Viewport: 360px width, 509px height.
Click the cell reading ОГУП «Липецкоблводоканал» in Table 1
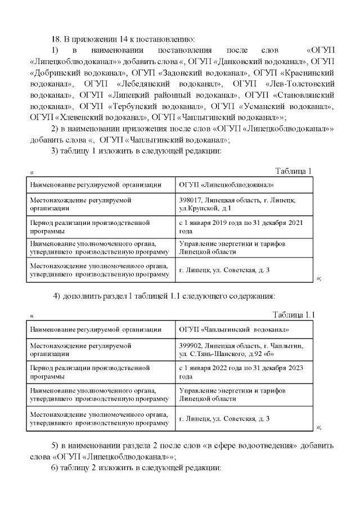point(226,184)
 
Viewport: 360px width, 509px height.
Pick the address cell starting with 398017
point(237,204)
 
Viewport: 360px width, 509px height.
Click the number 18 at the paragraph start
point(55,39)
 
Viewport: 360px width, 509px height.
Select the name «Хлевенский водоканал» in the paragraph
point(98,118)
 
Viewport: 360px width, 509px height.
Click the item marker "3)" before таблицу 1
point(55,151)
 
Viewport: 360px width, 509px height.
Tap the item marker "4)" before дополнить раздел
point(57,296)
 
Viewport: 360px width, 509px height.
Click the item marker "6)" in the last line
point(55,468)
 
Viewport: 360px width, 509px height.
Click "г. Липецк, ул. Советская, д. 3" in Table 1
point(224,270)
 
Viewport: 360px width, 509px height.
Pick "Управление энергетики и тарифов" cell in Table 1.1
point(232,390)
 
